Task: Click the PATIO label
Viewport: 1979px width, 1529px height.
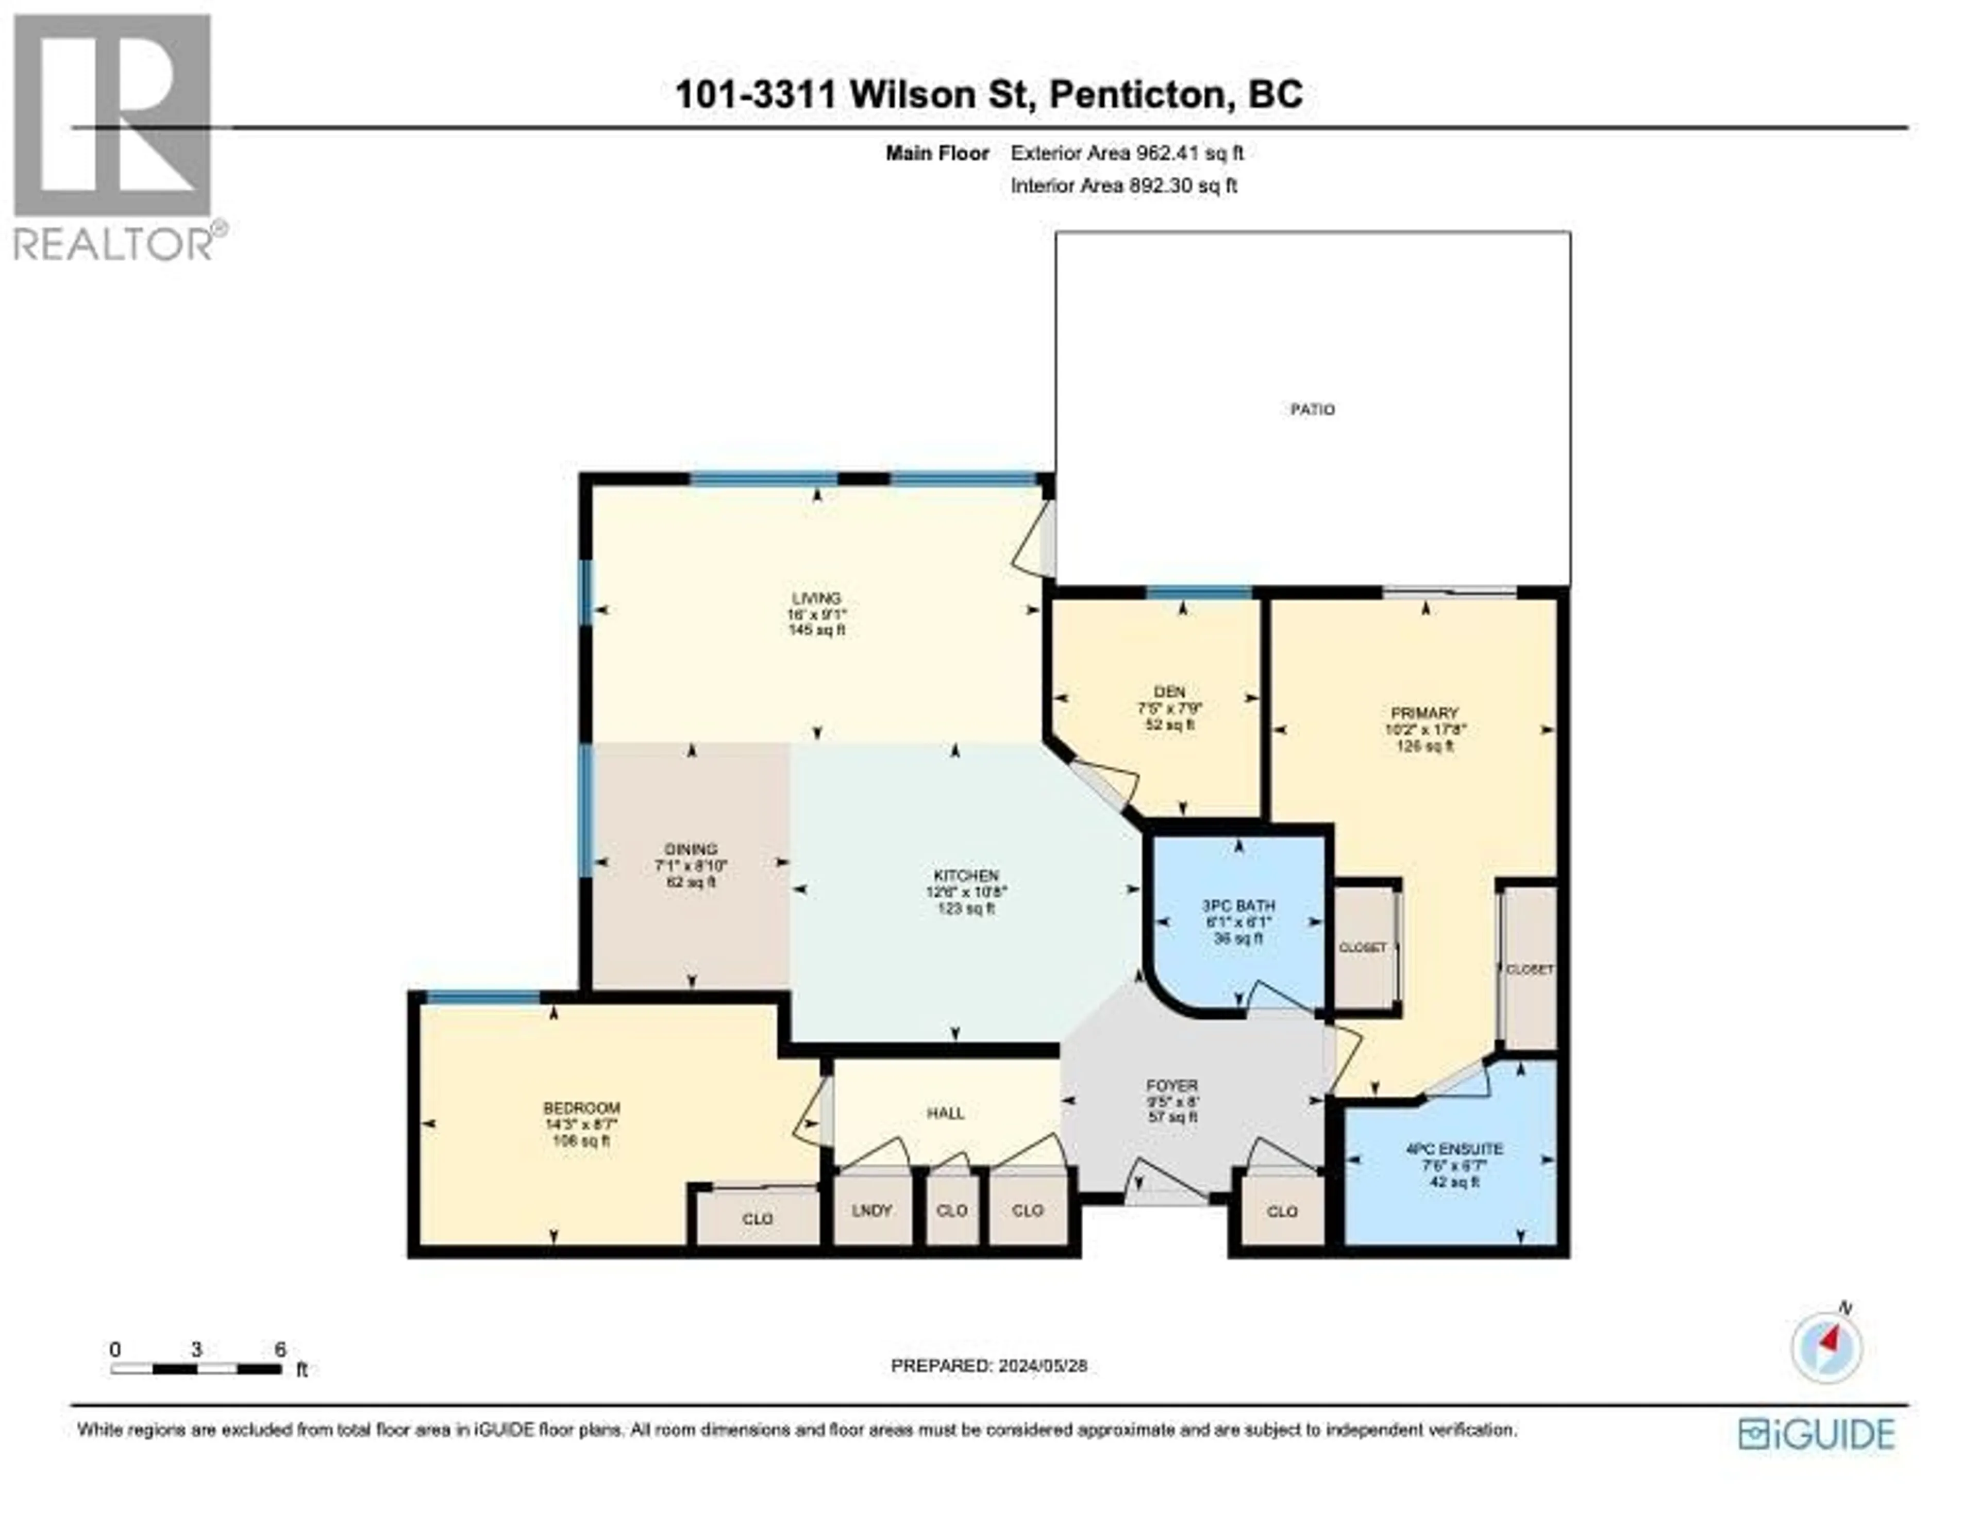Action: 1312,410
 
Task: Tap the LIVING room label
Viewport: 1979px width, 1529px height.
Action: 816,598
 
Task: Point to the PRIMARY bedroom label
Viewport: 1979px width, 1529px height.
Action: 1424,713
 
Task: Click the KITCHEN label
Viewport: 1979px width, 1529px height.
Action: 966,876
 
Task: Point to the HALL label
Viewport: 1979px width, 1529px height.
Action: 945,1113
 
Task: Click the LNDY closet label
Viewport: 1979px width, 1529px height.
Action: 871,1210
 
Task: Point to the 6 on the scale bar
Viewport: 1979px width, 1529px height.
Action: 280,1350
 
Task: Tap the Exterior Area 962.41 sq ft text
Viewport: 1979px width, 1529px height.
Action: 1126,153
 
